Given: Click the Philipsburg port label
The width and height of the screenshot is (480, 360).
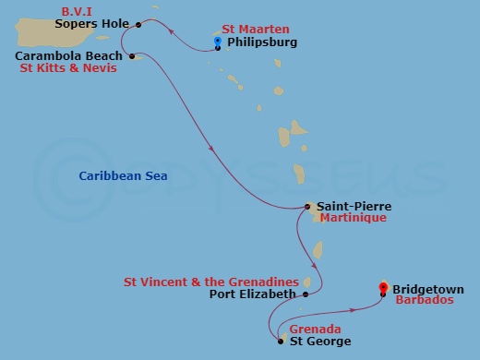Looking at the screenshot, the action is (x=262, y=42).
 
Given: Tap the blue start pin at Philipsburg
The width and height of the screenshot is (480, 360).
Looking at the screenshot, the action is (x=217, y=42).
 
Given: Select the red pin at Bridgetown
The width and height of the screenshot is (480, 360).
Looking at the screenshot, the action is (x=384, y=287).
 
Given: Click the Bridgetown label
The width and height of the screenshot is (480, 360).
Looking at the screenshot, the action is (x=427, y=289).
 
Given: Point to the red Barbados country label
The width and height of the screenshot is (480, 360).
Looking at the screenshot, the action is (x=424, y=301).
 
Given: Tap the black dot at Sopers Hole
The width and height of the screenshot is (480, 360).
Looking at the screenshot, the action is (x=138, y=24).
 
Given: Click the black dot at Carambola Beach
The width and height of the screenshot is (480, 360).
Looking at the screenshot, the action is (x=132, y=56).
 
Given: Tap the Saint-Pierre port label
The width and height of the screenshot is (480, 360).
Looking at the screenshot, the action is (x=354, y=207).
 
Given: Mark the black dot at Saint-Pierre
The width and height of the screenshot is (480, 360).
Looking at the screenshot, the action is (x=307, y=207).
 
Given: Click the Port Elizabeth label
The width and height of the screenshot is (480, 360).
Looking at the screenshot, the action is (x=252, y=294).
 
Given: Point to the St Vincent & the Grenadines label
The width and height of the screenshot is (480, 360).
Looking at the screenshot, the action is (x=211, y=281).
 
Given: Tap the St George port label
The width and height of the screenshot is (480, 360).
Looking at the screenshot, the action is (x=320, y=342).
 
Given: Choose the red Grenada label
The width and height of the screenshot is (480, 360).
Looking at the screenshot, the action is (x=315, y=329).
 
